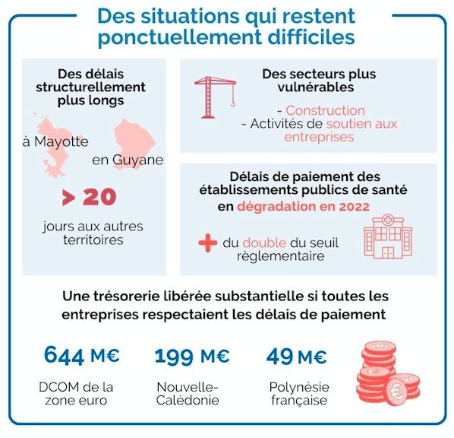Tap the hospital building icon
click(x=388, y=236)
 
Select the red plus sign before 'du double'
click(x=208, y=243)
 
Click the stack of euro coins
click(x=388, y=373)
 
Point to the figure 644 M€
click(x=82, y=355)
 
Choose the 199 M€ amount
click(x=192, y=356)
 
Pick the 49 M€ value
click(x=297, y=356)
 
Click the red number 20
click(x=100, y=197)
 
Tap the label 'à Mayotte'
click(x=55, y=142)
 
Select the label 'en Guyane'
click(x=128, y=160)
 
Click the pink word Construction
click(x=325, y=110)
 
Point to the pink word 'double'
click(x=264, y=243)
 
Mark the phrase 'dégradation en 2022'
click(x=304, y=207)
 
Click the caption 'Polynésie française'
click(x=299, y=394)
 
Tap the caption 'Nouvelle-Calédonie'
click(x=188, y=394)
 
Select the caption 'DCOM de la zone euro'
click(x=76, y=394)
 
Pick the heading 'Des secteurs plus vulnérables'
click(x=319, y=81)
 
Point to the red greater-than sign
click(x=69, y=198)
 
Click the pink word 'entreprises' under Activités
click(x=319, y=137)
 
